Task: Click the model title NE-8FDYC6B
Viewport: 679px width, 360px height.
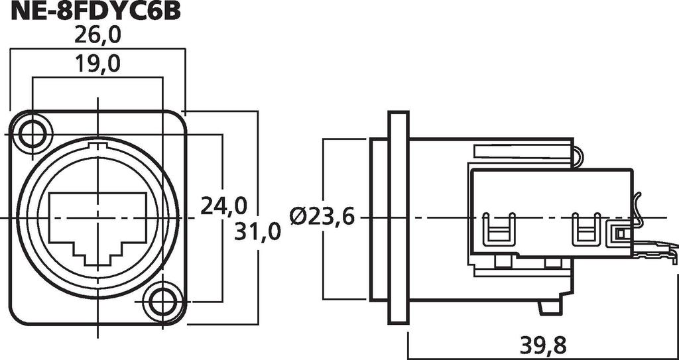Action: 95,11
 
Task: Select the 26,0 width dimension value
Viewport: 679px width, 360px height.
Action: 97,35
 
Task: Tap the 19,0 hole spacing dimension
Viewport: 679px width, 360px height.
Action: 97,64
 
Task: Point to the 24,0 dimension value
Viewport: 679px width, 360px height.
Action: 223,206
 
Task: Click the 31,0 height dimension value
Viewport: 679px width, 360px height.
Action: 257,231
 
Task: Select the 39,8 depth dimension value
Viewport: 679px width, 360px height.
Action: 543,345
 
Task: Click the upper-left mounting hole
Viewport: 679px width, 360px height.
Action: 32,134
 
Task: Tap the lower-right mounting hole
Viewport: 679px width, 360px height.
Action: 163,302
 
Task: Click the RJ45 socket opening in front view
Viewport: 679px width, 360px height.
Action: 98,228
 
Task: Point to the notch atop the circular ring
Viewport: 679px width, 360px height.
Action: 98,145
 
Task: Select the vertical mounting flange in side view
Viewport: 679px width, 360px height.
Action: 398,217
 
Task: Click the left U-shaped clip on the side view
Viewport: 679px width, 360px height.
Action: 499,229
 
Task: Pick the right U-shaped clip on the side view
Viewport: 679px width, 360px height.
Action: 586,229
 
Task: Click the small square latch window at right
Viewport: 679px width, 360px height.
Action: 620,234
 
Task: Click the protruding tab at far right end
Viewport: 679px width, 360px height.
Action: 654,252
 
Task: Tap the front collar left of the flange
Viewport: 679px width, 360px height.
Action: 379,219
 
